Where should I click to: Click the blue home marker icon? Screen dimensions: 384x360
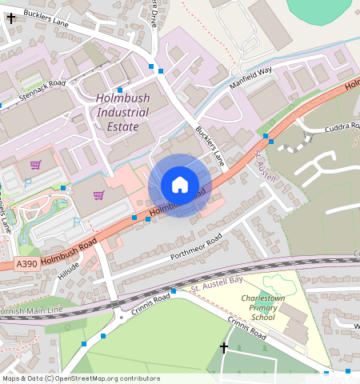(180, 186)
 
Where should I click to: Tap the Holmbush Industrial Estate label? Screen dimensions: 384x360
(122, 112)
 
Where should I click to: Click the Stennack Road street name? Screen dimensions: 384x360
(42, 93)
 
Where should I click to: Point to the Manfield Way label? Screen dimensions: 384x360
(250, 78)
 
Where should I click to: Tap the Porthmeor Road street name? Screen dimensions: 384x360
(192, 249)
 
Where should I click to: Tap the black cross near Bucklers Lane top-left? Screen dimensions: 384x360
(10, 16)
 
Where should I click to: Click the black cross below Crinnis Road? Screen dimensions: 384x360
(223, 347)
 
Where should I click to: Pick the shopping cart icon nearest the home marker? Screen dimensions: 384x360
(99, 194)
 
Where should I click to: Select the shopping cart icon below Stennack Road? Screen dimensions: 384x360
(35, 165)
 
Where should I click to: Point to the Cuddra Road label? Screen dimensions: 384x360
(342, 126)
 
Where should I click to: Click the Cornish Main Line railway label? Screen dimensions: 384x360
(32, 309)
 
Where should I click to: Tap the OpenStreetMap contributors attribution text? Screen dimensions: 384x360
(80, 378)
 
